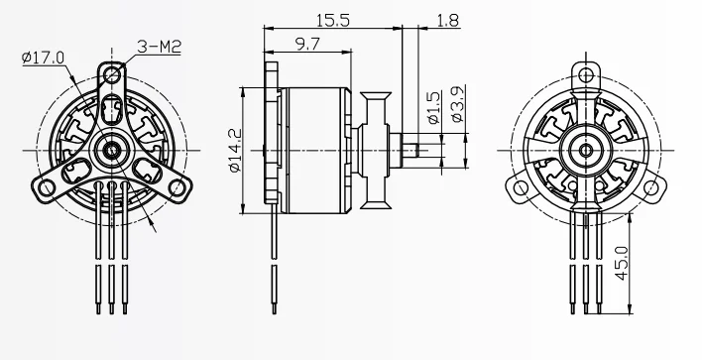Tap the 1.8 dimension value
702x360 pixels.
click(x=446, y=19)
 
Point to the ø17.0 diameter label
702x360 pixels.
click(x=42, y=58)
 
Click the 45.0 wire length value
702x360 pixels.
click(x=623, y=263)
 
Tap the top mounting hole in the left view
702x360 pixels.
click(x=115, y=72)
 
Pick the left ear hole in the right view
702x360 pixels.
click(x=519, y=186)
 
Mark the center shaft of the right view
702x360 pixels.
click(x=587, y=150)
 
